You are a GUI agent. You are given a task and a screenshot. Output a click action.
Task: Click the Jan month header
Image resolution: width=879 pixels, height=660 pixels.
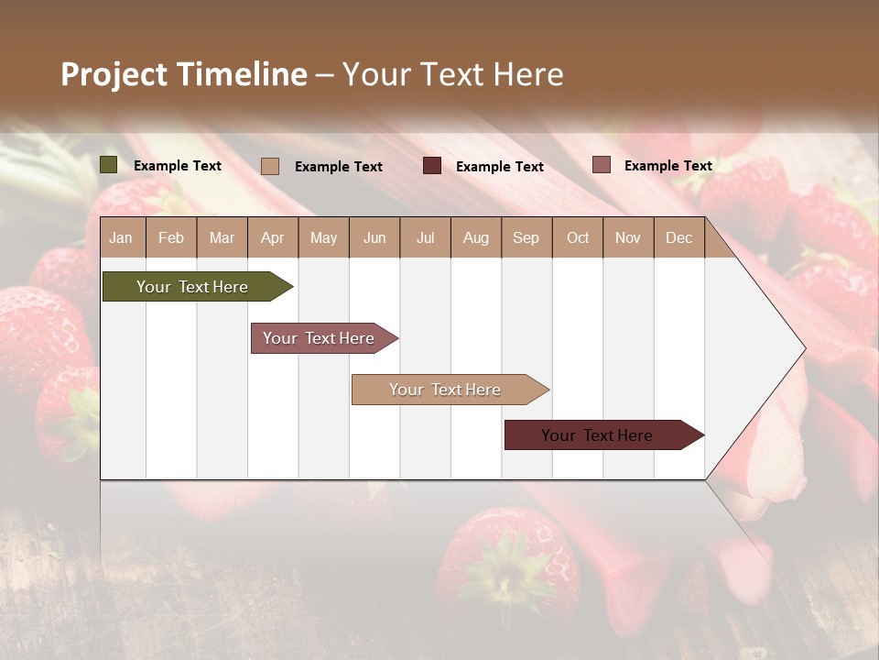pyautogui.click(x=121, y=237)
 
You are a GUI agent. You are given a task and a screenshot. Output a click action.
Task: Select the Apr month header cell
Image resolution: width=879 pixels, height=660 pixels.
pyautogui.click(x=273, y=237)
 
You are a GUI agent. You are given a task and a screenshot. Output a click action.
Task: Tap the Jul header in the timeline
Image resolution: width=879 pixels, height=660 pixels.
pyautogui.click(x=425, y=237)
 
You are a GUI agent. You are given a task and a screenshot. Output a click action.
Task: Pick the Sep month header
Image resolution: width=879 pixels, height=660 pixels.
pyautogui.click(x=526, y=237)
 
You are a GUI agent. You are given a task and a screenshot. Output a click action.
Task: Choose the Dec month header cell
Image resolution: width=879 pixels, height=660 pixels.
pyautogui.click(x=678, y=237)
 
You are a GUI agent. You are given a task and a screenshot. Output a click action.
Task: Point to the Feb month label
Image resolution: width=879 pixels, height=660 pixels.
pyautogui.click(x=171, y=237)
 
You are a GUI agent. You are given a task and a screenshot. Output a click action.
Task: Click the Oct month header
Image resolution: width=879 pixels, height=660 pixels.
pyautogui.click(x=577, y=237)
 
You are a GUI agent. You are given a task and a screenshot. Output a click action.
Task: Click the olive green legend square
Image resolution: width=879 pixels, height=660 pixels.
pyautogui.click(x=109, y=165)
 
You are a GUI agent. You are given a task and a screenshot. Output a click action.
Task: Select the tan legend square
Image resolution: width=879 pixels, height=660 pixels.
pyautogui.click(x=270, y=166)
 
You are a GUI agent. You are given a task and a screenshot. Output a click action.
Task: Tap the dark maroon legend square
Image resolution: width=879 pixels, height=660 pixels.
pyautogui.click(x=432, y=166)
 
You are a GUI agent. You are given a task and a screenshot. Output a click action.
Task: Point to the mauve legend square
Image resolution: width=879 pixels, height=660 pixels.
pyautogui.click(x=602, y=165)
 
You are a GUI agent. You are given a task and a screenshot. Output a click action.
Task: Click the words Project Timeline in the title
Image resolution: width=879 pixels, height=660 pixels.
pyautogui.click(x=184, y=74)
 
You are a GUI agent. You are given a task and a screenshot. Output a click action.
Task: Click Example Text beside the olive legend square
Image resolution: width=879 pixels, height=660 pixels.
pyautogui.click(x=178, y=166)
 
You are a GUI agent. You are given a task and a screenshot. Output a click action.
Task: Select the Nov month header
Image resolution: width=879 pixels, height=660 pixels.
pyautogui.click(x=628, y=237)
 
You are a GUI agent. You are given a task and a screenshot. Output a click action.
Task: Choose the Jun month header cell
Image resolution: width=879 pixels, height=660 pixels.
pyautogui.click(x=374, y=237)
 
